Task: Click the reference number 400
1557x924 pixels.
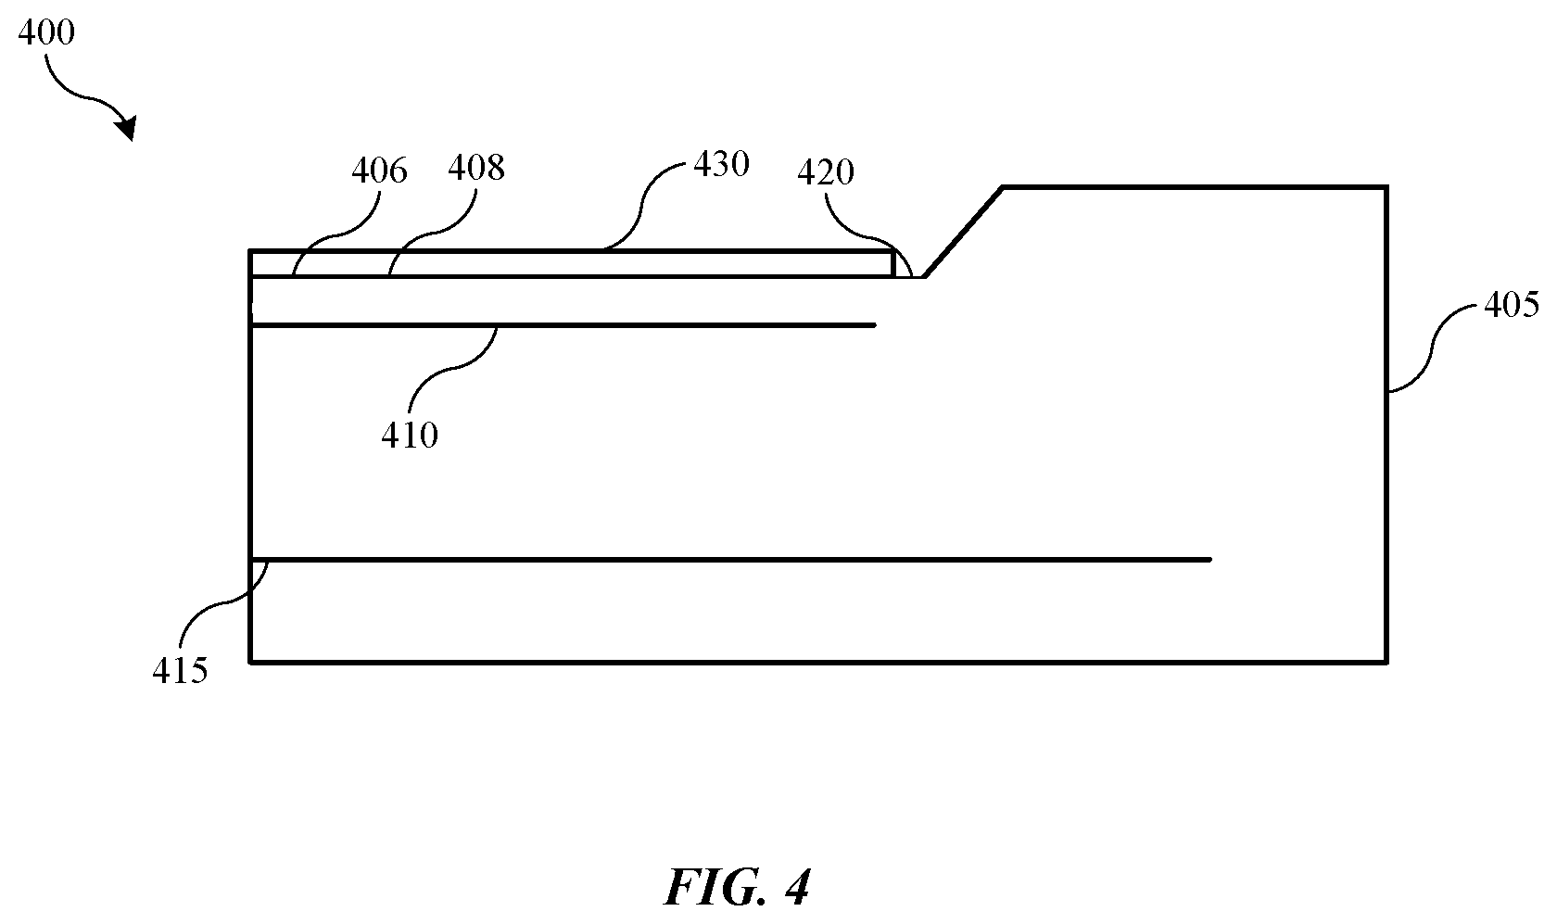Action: tap(46, 32)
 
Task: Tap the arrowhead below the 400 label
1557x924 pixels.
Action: tap(126, 128)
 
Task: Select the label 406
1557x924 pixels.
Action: tap(379, 171)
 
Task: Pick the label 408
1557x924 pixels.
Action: tap(476, 169)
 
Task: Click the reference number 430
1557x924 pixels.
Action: tap(721, 165)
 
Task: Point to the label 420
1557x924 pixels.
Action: tap(825, 172)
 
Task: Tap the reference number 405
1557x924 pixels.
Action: tap(1511, 305)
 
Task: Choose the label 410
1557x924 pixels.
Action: tap(410, 436)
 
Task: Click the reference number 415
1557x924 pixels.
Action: tap(180, 672)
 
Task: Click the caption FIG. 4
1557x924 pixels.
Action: tap(737, 888)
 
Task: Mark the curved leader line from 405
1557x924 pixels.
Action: tap(1432, 348)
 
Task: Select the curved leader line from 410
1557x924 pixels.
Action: tap(453, 369)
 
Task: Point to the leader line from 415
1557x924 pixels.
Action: tap(224, 603)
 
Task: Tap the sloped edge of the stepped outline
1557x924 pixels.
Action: tap(964, 233)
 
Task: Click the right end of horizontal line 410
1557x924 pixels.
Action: tap(875, 325)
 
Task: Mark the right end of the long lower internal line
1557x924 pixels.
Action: tap(1210, 560)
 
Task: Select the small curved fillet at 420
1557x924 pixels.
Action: tap(903, 265)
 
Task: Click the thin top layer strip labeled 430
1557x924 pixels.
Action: tap(571, 264)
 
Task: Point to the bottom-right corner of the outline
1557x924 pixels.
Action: tap(1386, 663)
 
